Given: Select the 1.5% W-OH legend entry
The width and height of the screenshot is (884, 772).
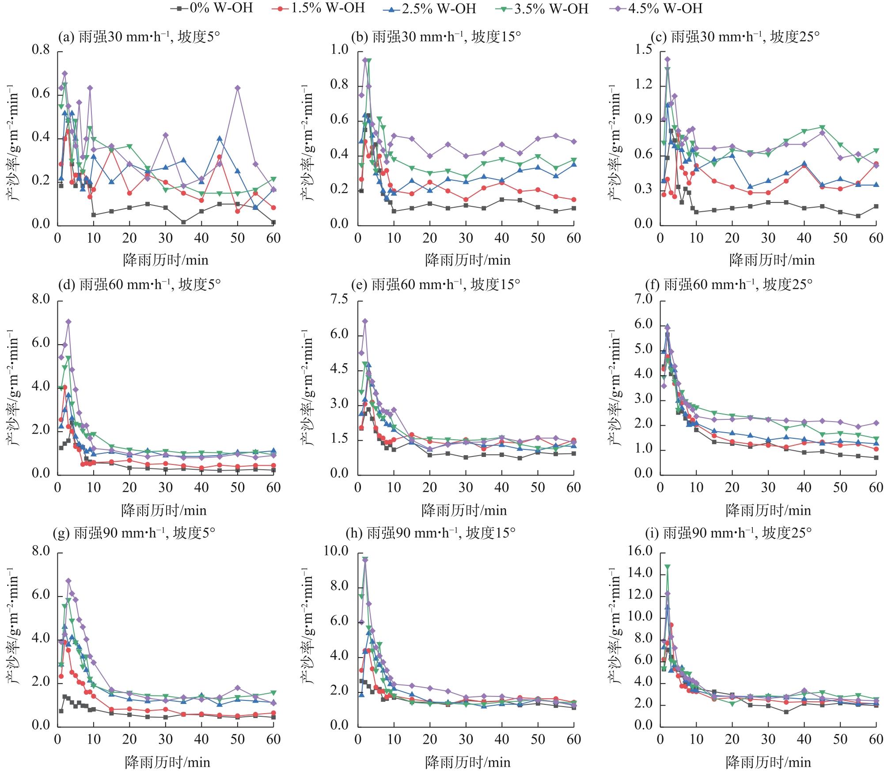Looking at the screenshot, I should (323, 8).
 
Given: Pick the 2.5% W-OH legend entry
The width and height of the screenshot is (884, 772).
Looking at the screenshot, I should (434, 8).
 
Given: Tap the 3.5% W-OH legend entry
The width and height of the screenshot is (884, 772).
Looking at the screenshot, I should (546, 8).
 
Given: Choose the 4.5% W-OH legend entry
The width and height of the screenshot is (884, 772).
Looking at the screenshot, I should (660, 8).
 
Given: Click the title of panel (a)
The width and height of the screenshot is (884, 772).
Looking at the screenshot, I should (139, 37).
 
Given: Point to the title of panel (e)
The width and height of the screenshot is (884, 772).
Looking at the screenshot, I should (435, 284).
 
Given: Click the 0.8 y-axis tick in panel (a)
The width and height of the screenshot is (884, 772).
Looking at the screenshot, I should (41, 50).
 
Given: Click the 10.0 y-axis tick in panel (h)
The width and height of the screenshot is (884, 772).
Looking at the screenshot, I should (338, 551).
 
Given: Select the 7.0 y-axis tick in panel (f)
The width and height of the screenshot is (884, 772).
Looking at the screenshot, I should (642, 300).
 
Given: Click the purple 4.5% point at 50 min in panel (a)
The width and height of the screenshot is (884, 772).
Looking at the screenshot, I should (238, 88).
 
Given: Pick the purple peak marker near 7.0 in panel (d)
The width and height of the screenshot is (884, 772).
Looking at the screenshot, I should (68, 322).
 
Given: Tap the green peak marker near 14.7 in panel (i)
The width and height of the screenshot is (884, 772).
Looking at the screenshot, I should (668, 567).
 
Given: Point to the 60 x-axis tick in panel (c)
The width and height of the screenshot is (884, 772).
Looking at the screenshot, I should (876, 238).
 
